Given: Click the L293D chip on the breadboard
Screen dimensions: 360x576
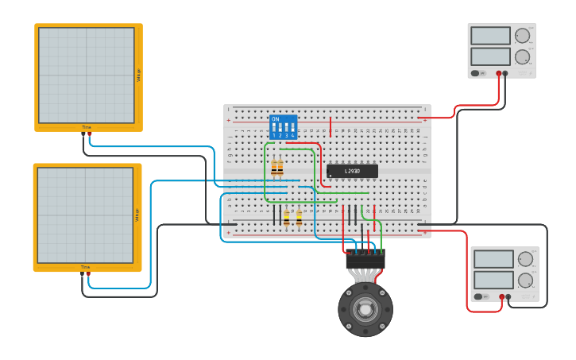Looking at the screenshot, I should (x=352, y=171).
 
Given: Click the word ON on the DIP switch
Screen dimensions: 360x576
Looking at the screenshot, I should (x=276, y=119).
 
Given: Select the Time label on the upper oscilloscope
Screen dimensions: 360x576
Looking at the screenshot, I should (x=87, y=127).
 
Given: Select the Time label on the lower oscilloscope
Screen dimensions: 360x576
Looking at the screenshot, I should (x=85, y=267).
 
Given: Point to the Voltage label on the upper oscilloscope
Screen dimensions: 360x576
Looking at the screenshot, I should (x=138, y=75).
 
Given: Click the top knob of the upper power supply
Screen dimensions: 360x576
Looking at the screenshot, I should (x=522, y=36).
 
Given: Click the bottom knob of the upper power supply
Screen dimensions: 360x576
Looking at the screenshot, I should (x=522, y=56).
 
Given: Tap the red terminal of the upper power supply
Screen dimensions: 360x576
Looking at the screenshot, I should (x=499, y=73).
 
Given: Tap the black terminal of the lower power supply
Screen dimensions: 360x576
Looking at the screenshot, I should (x=508, y=296).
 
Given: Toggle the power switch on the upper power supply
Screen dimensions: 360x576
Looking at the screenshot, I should (x=475, y=73).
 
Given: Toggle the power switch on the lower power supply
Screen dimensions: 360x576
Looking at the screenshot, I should (x=478, y=296).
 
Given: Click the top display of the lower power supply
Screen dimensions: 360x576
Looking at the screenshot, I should (x=493, y=259).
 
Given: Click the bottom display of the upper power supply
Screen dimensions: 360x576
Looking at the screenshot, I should (x=490, y=56).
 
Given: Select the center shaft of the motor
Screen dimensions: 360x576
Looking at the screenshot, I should (x=365, y=309).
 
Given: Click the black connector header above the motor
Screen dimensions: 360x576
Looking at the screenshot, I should (x=365, y=261).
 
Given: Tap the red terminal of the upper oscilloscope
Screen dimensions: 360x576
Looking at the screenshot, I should (x=89, y=134).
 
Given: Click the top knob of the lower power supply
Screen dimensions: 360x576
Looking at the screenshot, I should (x=525, y=259).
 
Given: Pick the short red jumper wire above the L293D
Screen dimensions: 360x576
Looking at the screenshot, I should (x=331, y=126).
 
